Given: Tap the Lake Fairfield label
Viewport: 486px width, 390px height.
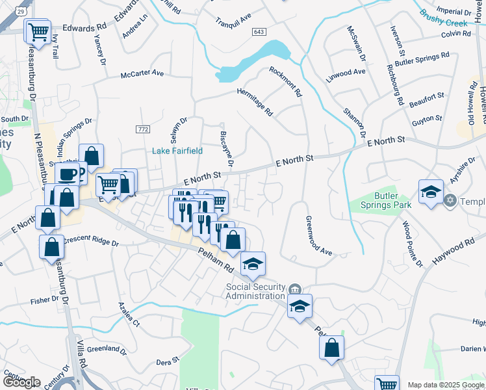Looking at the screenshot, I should pyautogui.click(x=177, y=151).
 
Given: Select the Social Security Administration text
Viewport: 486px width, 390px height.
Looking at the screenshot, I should pyautogui.click(x=255, y=291).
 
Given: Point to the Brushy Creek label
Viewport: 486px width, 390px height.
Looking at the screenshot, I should pyautogui.click(x=444, y=18).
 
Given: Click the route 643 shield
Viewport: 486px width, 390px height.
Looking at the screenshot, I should pyautogui.click(x=259, y=32).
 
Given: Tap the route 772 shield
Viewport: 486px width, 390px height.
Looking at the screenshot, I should pyautogui.click(x=144, y=129).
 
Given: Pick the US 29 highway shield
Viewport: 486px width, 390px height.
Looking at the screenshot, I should pyautogui.click(x=22, y=11).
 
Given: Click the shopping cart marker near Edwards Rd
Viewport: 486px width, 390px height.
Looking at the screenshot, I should pyautogui.click(x=38, y=31).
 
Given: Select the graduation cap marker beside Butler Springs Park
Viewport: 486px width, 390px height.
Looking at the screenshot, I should pyautogui.click(x=431, y=192).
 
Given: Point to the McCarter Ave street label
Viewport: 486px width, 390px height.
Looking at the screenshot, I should pyautogui.click(x=142, y=73).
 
